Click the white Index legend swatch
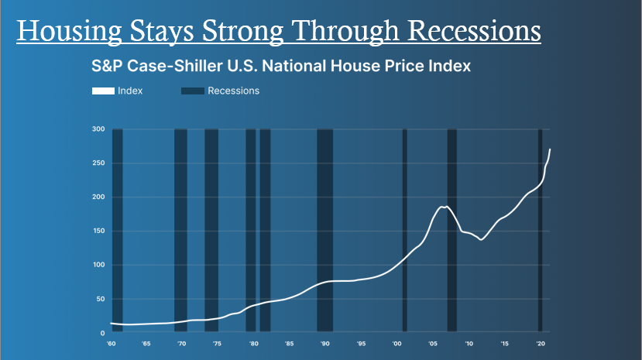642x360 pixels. [103, 91]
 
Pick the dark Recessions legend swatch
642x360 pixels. [193, 91]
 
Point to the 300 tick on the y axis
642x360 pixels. [98, 129]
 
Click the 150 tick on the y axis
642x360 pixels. [98, 231]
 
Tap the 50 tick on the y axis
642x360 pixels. [99, 299]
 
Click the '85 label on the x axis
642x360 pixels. [289, 343]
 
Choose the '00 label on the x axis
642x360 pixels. [397, 343]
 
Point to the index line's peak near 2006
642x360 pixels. [445, 207]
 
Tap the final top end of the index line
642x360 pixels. [550, 149]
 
